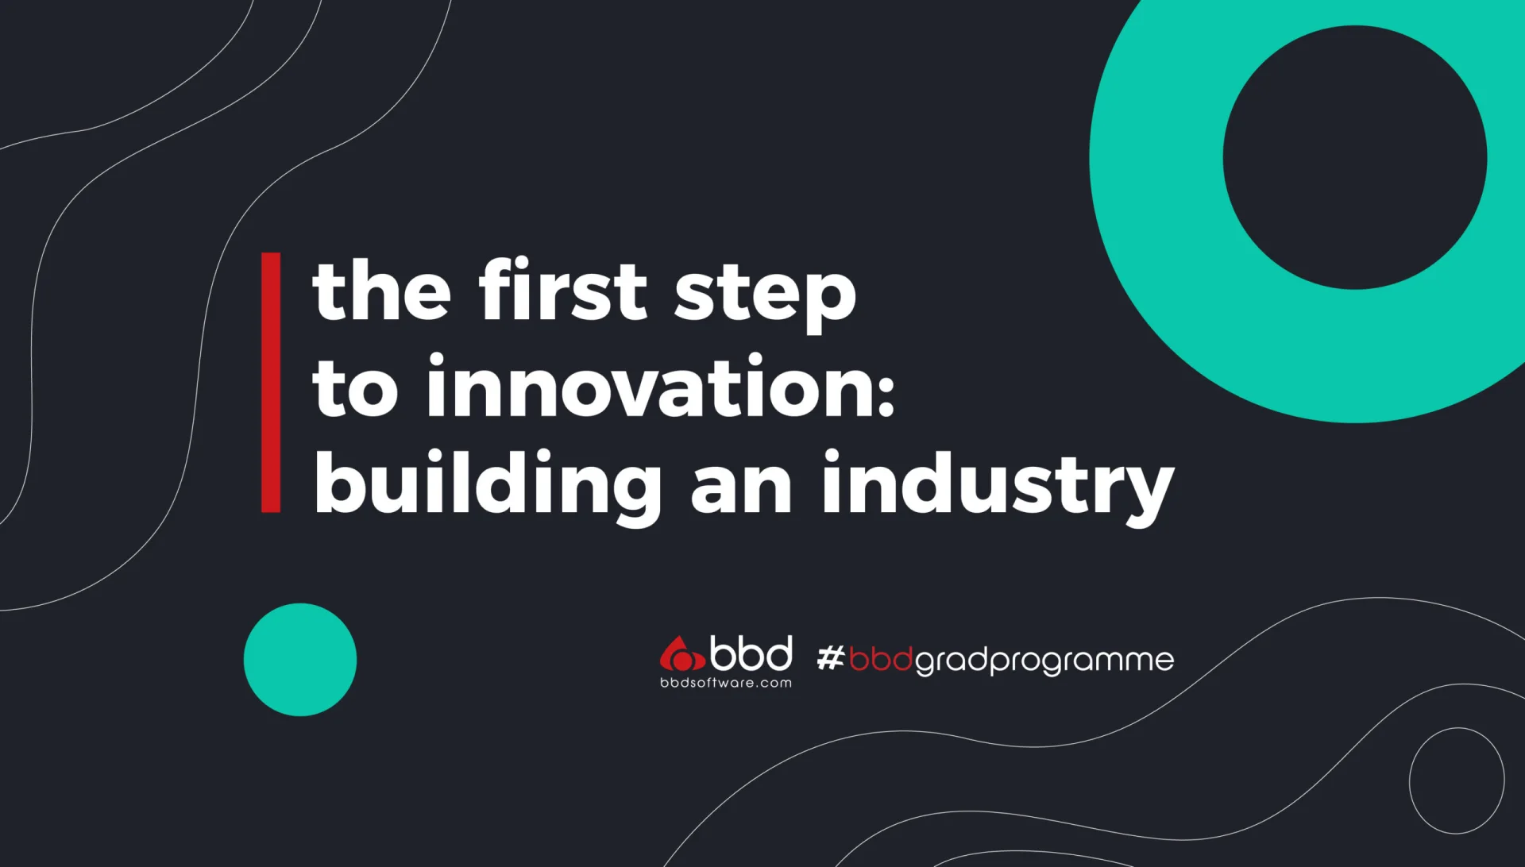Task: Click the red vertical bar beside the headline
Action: tap(271, 383)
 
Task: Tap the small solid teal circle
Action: tap(300, 660)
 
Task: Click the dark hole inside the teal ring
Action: tap(1355, 157)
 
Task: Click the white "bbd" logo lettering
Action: tap(751, 653)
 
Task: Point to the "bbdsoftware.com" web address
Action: tap(726, 683)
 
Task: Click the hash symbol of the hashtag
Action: tap(831, 658)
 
